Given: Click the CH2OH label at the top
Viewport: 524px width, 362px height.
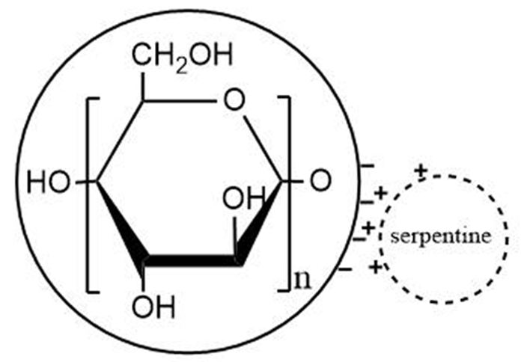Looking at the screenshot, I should click(183, 58).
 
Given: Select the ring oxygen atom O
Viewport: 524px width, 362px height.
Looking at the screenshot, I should click(234, 99).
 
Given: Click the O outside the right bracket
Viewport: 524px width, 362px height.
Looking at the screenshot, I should click(320, 180).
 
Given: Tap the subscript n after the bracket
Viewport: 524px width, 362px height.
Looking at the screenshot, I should click(303, 281).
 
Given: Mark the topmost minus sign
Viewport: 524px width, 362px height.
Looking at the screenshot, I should click(367, 162).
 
